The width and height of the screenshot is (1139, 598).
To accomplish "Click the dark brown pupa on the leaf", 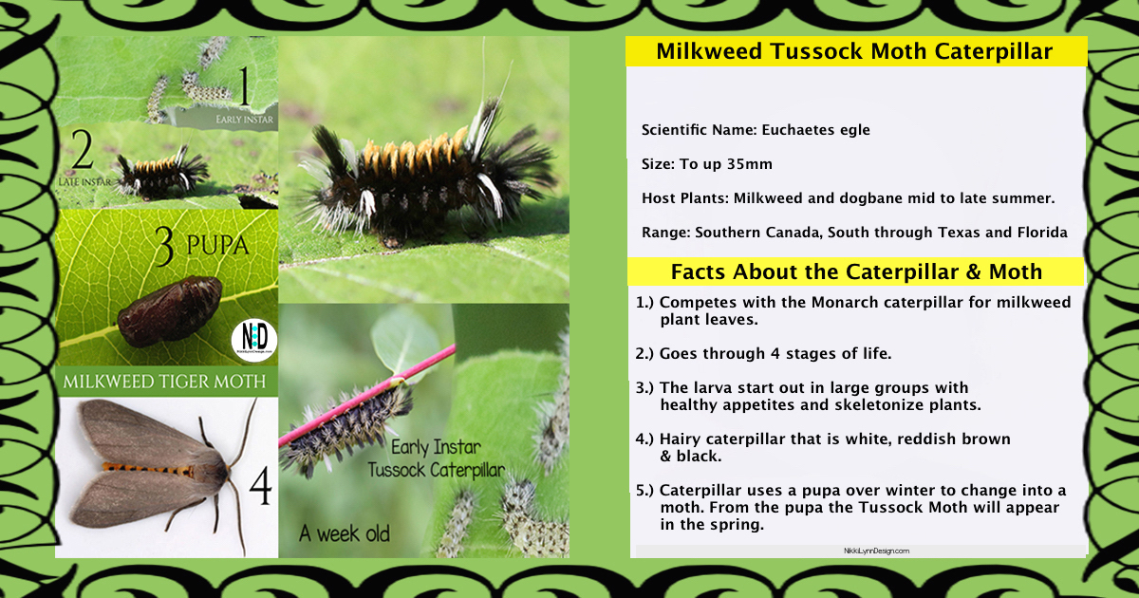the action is click(x=170, y=311).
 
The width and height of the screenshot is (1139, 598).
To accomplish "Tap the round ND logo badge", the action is click(x=254, y=340).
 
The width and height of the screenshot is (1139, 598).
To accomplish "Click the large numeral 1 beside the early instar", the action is click(x=245, y=87).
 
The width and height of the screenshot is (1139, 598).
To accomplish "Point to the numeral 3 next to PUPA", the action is click(x=164, y=246).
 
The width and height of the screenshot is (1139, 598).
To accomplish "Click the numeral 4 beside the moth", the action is click(x=260, y=486).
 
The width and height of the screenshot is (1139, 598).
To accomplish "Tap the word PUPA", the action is click(x=218, y=245).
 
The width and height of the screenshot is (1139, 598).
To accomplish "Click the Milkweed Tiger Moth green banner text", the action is click(x=164, y=382).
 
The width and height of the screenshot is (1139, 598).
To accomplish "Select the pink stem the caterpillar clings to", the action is click(x=367, y=396).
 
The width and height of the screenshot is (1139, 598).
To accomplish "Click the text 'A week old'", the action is click(x=345, y=533).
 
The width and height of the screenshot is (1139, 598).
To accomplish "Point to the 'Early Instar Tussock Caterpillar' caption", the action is click(x=437, y=459).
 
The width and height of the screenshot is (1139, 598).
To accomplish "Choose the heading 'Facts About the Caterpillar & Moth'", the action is click(x=856, y=272).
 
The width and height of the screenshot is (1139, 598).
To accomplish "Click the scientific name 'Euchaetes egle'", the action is click(x=815, y=130).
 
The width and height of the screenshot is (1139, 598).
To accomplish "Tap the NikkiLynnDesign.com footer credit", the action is click(x=877, y=551).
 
